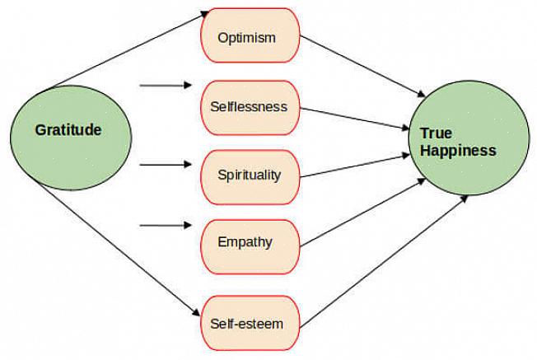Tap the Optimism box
pos(247,38)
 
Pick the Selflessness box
pos(249,107)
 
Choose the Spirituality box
pos(249,175)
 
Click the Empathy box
pos(245,242)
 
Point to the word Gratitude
pos(68,130)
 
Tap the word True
pos(436,133)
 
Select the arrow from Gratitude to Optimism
pos(124,49)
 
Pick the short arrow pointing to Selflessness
pos(165,85)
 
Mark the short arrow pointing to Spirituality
pos(165,165)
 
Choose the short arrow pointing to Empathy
pos(165,224)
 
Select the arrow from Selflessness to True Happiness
pos(354,118)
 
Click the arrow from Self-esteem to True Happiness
pos(379,259)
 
